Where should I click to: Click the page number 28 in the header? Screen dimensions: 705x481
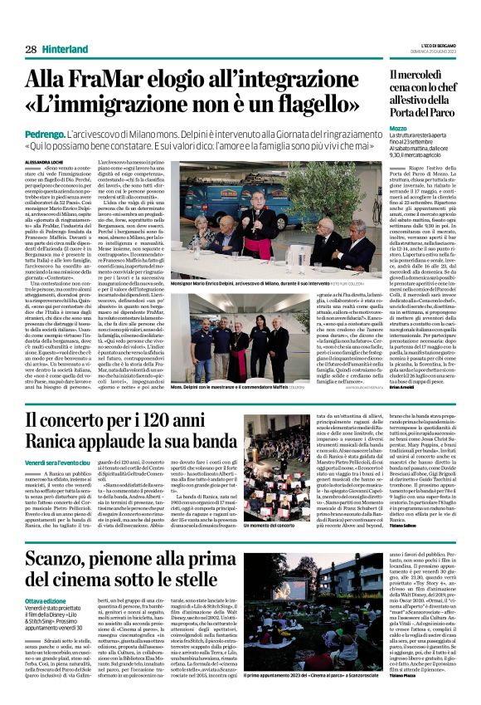[31, 50]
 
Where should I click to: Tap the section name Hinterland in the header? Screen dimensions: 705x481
[65, 50]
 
